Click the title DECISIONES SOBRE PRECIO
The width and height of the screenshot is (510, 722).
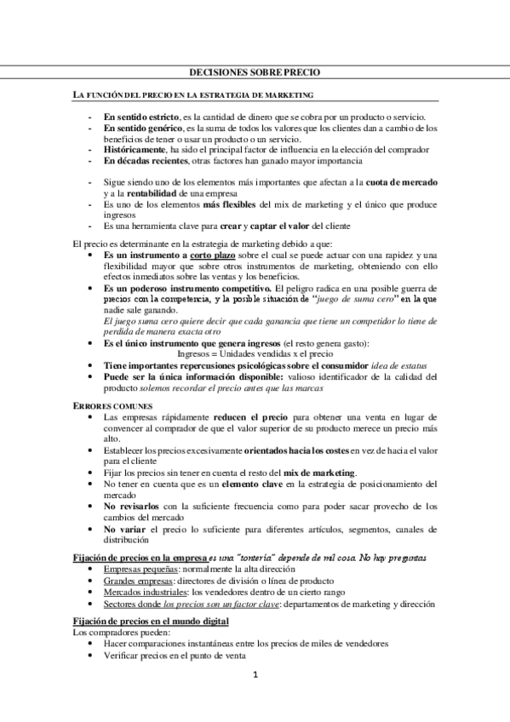tap(255, 73)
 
